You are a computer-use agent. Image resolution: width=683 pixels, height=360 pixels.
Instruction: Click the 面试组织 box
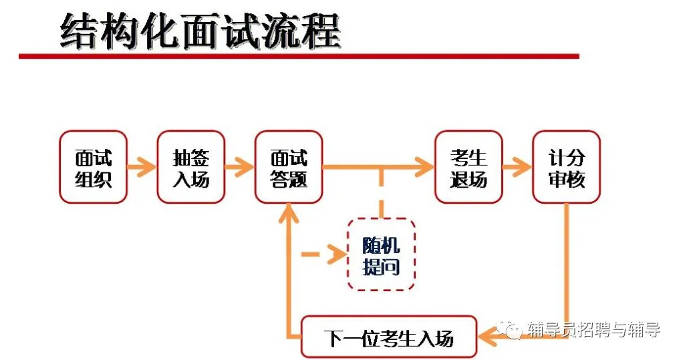coord(93,167)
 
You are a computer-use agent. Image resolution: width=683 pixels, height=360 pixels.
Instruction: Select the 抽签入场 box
coord(191,167)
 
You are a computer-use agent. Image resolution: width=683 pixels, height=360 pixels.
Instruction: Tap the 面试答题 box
coord(289,167)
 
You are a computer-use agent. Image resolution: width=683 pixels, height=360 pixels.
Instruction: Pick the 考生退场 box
coord(468,167)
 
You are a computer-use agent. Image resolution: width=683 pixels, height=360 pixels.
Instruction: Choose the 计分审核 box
coord(566,167)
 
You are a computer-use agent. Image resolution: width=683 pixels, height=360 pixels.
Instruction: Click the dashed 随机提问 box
coord(381,254)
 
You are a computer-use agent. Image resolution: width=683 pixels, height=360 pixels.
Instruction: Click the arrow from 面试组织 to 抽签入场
coord(142,167)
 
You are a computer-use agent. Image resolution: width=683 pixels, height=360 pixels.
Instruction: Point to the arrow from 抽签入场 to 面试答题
coord(240,167)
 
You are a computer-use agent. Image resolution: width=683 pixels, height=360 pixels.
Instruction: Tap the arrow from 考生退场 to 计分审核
coord(517,167)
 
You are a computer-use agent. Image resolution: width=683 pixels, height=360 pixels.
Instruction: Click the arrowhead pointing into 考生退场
coord(424,167)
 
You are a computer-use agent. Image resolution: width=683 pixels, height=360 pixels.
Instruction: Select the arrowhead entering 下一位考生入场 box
coord(487,337)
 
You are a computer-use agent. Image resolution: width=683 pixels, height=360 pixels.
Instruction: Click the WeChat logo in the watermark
coord(513,330)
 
